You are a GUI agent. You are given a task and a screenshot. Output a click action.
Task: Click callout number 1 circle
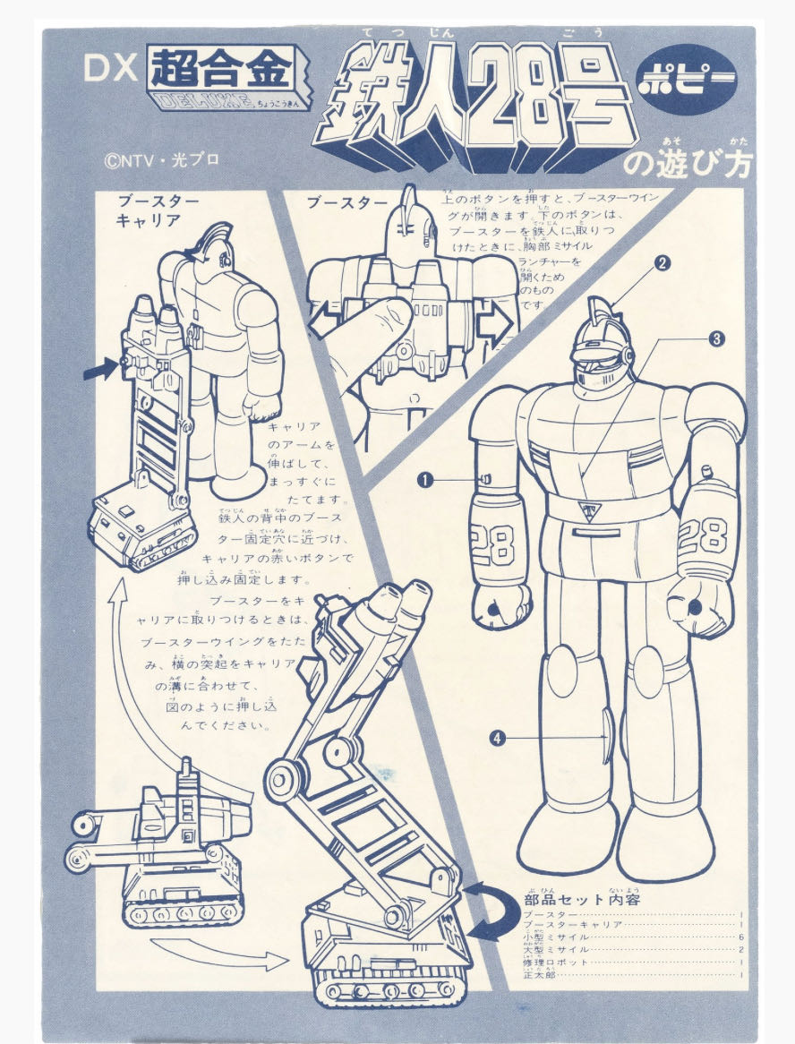pyautogui.click(x=425, y=480)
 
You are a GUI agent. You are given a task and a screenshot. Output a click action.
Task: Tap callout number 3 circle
pyautogui.click(x=716, y=338)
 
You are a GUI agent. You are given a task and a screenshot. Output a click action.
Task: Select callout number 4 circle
pyautogui.click(x=498, y=738)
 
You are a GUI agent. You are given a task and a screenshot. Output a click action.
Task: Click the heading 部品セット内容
pyautogui.click(x=581, y=899)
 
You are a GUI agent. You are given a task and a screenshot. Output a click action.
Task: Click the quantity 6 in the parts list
pyautogui.click(x=742, y=937)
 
